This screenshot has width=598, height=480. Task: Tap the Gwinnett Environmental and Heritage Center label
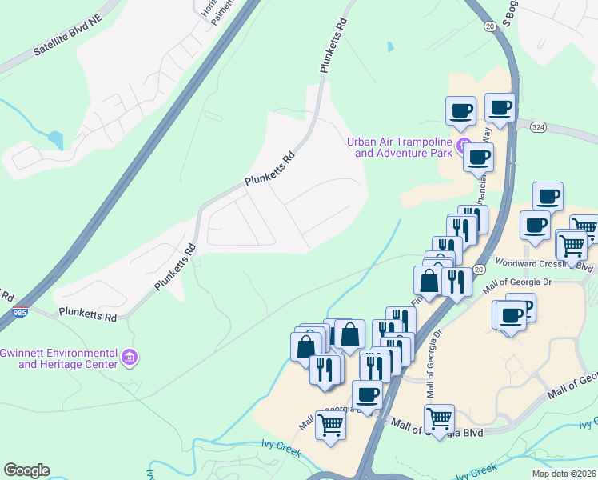59,358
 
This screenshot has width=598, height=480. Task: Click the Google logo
26,470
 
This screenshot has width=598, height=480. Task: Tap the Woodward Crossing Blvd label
544,265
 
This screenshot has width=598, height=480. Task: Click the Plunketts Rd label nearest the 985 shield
87,316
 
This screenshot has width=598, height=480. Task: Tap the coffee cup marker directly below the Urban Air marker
478,157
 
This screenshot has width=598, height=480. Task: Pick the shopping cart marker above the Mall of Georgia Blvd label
439,418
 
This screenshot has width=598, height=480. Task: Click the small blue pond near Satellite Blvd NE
55,140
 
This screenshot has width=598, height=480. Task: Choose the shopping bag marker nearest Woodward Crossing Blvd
429,281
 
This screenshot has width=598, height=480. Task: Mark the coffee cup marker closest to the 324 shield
500,107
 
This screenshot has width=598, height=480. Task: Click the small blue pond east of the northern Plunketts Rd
390,46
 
